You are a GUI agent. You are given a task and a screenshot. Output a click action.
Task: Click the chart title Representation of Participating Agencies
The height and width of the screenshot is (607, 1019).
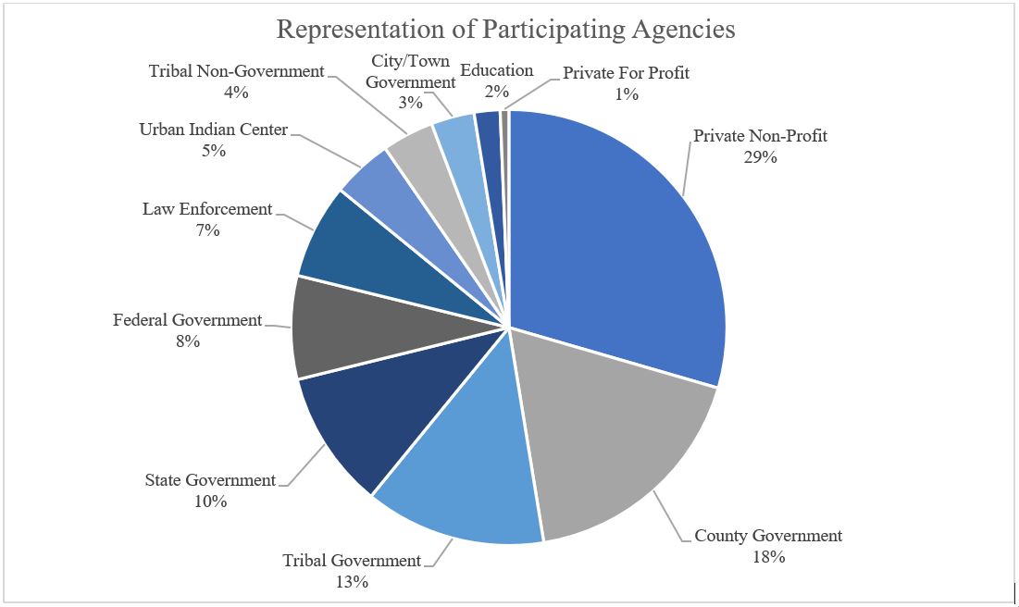(x=506, y=29)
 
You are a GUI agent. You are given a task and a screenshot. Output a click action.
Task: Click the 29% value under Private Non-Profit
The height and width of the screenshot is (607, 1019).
(x=760, y=157)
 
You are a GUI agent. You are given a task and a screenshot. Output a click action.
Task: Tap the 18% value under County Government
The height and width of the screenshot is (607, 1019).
(x=768, y=557)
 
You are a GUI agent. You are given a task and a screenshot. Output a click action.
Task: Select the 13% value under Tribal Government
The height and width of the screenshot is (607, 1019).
(x=352, y=582)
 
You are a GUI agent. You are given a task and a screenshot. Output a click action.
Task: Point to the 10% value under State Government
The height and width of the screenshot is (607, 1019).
(x=210, y=502)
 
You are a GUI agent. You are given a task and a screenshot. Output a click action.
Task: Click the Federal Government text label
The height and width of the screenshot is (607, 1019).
(x=188, y=320)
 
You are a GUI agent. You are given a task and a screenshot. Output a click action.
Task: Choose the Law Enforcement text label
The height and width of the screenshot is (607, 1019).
(x=207, y=209)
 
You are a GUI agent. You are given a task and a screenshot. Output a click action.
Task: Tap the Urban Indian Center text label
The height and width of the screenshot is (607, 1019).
(x=214, y=129)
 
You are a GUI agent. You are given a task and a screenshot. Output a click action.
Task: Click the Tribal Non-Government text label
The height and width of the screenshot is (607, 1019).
(x=237, y=71)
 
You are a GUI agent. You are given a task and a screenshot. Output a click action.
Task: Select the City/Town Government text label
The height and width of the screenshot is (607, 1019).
(x=410, y=71)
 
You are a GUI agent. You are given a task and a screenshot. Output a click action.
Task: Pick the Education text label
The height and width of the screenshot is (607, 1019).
(x=497, y=70)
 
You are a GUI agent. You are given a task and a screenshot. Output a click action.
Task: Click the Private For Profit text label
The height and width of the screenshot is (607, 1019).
(x=627, y=72)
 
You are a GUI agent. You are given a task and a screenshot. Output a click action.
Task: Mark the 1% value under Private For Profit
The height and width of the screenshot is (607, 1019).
(x=627, y=93)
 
